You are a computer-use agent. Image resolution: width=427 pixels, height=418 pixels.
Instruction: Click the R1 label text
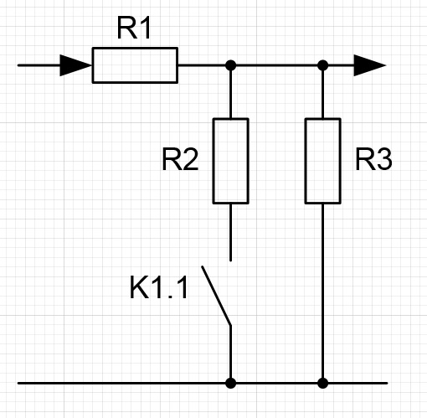click(134, 28)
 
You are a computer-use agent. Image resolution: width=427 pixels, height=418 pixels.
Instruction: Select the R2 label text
click(180, 159)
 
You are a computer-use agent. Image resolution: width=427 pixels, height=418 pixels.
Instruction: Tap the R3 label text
click(373, 159)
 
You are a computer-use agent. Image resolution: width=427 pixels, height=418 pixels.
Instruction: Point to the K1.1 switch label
click(159, 287)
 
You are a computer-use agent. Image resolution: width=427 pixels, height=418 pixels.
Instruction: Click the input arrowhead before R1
click(76, 65)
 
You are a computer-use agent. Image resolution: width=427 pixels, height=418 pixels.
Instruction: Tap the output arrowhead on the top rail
click(370, 65)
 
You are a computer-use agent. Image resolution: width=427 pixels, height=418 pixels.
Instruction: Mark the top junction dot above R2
click(230, 65)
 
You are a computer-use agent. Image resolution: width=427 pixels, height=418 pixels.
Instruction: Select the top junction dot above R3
click(323, 65)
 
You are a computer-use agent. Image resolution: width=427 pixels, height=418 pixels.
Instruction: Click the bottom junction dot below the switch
click(230, 383)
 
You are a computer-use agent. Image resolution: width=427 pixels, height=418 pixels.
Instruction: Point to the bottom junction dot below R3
click(323, 383)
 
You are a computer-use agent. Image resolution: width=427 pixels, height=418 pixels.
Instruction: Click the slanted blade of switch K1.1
click(216, 296)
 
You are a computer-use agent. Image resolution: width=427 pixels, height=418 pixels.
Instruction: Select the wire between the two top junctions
click(276, 65)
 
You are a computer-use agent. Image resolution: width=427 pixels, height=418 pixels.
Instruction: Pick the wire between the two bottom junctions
click(276, 383)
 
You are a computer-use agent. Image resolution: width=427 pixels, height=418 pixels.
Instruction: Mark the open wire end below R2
click(230, 261)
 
